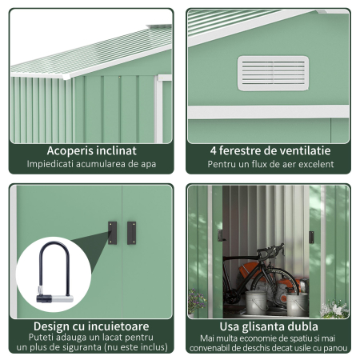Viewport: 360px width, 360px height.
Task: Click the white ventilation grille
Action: pyautogui.click(x=273, y=74)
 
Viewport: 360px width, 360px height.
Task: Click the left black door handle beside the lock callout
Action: pyautogui.click(x=112, y=233)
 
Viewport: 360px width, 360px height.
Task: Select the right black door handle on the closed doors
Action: pyautogui.click(x=131, y=233)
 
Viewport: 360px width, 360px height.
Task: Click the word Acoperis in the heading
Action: pyautogui.click(x=70, y=151)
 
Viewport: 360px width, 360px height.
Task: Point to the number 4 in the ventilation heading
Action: pyautogui.click(x=213, y=151)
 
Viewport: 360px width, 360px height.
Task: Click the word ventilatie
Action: pyautogui.click(x=303, y=150)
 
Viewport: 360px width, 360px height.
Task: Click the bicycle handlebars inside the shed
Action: pyautogui.click(x=270, y=250)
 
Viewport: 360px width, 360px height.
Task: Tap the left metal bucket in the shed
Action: pyautogui.click(x=256, y=302)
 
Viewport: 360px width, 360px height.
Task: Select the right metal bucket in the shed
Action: pyautogui.click(x=297, y=304)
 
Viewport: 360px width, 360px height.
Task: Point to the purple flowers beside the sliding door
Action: pyautogui.click(x=197, y=300)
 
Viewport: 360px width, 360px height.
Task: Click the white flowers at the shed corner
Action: pyautogui.click(x=334, y=309)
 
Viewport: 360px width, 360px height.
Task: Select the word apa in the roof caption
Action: pyautogui.click(x=148, y=165)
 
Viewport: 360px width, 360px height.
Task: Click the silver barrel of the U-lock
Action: pyautogui.click(x=62, y=299)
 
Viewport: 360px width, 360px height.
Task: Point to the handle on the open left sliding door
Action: pyautogui.click(x=221, y=235)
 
